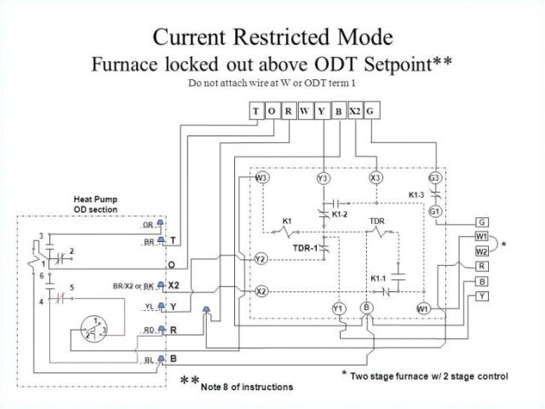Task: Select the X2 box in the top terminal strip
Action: tap(355, 111)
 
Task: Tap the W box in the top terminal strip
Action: tap(305, 111)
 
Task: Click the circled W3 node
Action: tap(262, 178)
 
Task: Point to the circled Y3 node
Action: tap(323, 179)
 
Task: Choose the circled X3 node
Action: tap(375, 179)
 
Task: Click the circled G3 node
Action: tap(435, 179)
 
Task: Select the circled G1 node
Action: tap(435, 211)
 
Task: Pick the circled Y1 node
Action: tap(338, 308)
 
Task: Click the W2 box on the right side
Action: tap(482, 251)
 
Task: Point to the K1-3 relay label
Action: tap(418, 195)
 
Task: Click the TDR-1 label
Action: tap(305, 248)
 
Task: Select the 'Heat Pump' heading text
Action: tap(94, 199)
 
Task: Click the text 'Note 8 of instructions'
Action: tap(247, 387)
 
